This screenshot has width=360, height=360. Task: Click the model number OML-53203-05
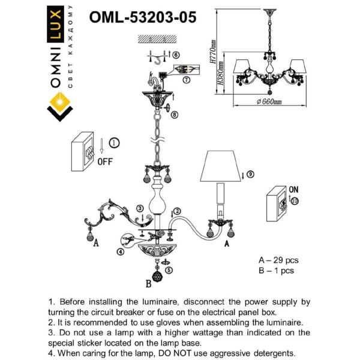point(143,17)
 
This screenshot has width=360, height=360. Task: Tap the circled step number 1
point(114,143)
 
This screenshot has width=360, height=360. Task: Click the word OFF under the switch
point(105,161)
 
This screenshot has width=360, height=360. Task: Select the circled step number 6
point(176,55)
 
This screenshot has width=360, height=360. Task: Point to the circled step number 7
point(186,80)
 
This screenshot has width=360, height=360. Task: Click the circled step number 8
point(175,115)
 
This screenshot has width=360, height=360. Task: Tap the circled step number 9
point(250,174)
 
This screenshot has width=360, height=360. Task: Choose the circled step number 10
point(295,201)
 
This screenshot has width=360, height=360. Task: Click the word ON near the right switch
point(293,190)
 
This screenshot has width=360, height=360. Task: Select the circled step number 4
point(121,251)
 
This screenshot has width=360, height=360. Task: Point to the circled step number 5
point(169,270)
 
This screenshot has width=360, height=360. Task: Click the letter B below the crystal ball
point(149,284)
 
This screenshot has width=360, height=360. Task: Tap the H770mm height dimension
point(213,52)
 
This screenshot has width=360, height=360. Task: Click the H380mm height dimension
point(220,73)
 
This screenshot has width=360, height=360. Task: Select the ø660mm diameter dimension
point(269,101)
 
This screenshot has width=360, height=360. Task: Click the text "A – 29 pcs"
point(278,260)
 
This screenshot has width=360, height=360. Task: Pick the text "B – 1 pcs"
point(276,271)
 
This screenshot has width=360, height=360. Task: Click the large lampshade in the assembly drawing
point(220,166)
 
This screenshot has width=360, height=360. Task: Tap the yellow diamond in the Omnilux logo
point(60,102)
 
